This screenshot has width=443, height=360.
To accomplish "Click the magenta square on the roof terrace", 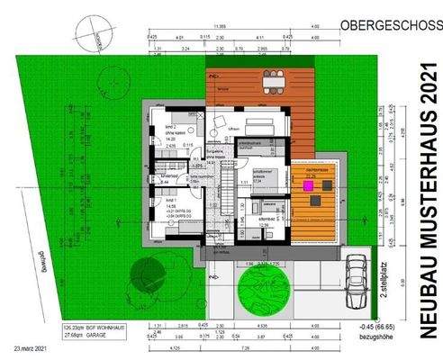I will tap(308, 184).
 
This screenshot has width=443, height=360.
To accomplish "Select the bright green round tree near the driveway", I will tap(260, 289).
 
